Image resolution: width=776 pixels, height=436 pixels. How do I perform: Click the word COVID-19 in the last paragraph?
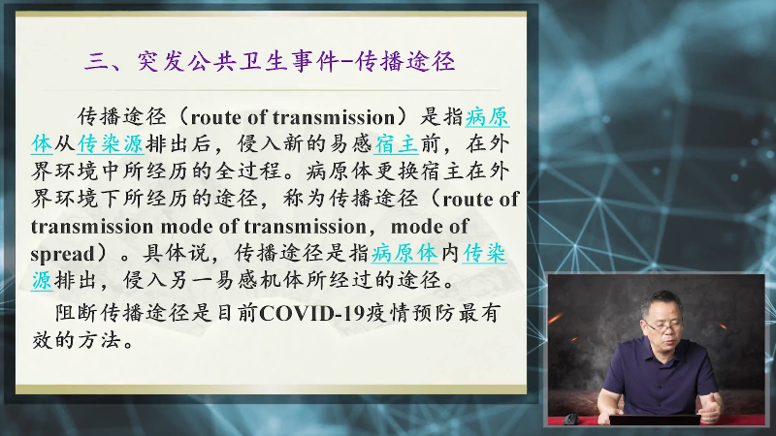[x=311, y=313]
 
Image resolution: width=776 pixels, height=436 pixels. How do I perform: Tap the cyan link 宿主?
[x=396, y=143]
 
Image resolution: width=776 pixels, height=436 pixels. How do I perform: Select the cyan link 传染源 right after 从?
[x=110, y=143]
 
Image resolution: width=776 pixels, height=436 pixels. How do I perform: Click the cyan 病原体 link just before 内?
[x=404, y=253]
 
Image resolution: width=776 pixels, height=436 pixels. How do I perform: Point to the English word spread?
[x=62, y=254]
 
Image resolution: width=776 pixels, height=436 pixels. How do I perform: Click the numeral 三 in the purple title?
[x=96, y=62]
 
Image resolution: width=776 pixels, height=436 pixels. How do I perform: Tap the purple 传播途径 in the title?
[x=404, y=62]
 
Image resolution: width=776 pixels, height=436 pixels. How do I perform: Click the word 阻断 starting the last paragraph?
[x=77, y=313]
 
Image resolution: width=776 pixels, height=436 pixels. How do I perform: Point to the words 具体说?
[x=176, y=253]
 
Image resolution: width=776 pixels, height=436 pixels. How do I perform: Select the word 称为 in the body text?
[x=305, y=199]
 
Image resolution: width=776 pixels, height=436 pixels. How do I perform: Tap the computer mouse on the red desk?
[x=570, y=420]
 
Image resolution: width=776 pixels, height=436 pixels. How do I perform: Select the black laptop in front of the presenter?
[x=654, y=420]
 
